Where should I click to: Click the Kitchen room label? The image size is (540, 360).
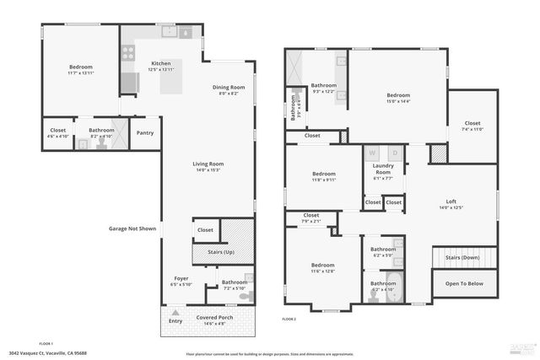[161, 64]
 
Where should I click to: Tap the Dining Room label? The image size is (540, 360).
[228, 88]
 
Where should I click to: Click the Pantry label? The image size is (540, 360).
[145, 132]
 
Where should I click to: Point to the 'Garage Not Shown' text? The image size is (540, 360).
[132, 228]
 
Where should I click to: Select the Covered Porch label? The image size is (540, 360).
[216, 318]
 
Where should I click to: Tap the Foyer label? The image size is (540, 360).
[181, 278]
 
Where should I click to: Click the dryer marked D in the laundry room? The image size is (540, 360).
[393, 153]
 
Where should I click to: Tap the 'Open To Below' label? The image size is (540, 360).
[465, 284]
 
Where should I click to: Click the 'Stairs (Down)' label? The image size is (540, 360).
[462, 256]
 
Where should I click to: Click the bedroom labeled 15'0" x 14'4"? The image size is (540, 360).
[398, 96]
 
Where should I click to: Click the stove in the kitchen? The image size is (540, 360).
[128, 52]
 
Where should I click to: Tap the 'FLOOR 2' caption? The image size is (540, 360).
[289, 320]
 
